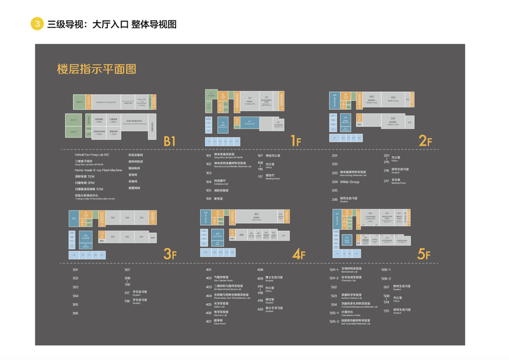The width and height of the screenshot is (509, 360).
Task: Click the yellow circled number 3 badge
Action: pos(37,24)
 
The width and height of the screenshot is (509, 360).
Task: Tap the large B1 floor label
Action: pos(170,141)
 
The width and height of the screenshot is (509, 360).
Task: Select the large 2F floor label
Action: pos(426,141)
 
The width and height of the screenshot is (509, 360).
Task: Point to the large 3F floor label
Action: pos(170,254)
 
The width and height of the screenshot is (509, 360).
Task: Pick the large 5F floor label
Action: pos(424,254)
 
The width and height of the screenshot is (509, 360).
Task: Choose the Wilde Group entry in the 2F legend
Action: pos(350,181)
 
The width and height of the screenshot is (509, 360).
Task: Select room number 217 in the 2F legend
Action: pos(387,181)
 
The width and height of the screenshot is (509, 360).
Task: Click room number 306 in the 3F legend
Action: pos(76,313)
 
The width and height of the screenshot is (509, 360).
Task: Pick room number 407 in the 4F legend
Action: pos(209,322)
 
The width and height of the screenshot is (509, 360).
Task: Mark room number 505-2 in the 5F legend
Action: pos(335,322)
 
